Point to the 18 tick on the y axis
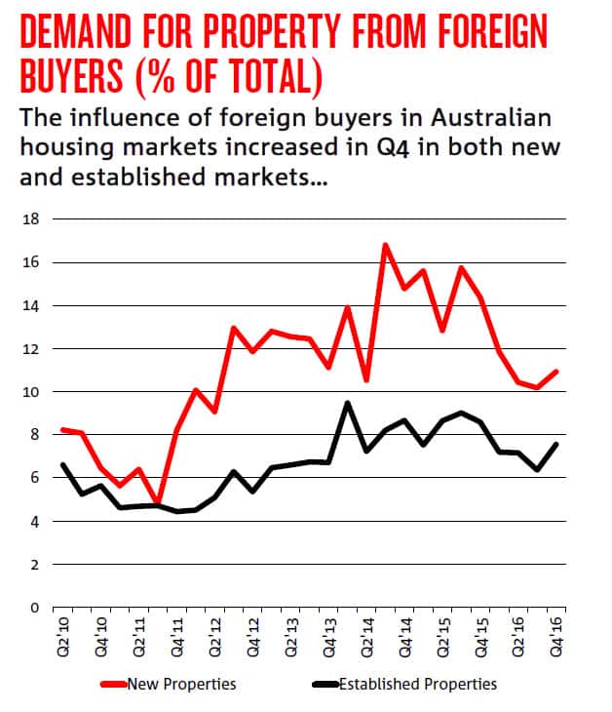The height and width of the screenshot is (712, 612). pyautogui.click(x=31, y=219)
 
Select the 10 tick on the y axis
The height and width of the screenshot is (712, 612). pyautogui.click(x=31, y=392)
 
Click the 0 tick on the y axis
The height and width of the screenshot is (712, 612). pyautogui.click(x=35, y=608)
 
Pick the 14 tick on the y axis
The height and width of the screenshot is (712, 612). pyautogui.click(x=31, y=306)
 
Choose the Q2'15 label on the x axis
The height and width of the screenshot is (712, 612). pyautogui.click(x=442, y=633)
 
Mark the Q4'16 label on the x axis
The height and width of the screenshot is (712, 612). pyautogui.click(x=555, y=633)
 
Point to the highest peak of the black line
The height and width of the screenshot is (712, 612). pyautogui.click(x=348, y=403)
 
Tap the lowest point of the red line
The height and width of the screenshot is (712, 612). pyautogui.click(x=158, y=503)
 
